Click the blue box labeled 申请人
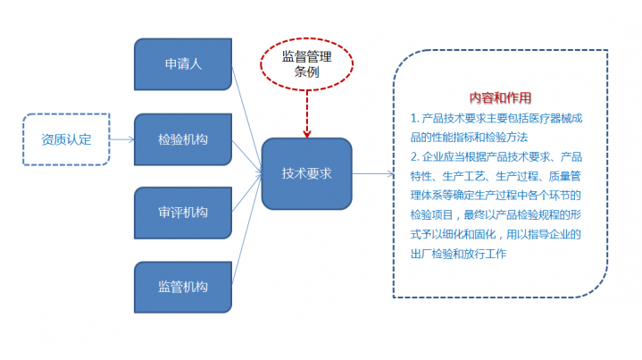[182, 64]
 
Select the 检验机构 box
[182, 139]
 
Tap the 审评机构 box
[182, 213]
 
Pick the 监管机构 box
[182, 287]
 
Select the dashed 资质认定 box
[65, 139]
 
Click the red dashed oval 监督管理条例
[306, 63]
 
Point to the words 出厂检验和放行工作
[458, 255]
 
